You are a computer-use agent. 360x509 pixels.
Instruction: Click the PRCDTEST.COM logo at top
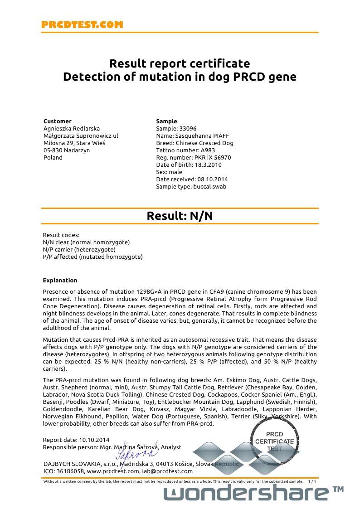(x=82, y=25)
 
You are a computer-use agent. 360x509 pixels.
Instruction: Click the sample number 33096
(x=188, y=129)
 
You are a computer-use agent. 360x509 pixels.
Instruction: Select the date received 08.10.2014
(x=211, y=179)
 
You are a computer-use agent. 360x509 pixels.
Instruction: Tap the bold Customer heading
(x=57, y=121)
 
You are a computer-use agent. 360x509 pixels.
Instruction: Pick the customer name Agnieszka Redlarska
(x=71, y=129)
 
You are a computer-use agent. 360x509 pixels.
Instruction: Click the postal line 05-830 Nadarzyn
(x=66, y=150)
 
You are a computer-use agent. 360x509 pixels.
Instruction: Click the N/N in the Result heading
(x=201, y=216)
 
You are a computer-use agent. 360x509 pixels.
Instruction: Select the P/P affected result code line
(x=92, y=257)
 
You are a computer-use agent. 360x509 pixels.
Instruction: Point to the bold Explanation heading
(x=60, y=281)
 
